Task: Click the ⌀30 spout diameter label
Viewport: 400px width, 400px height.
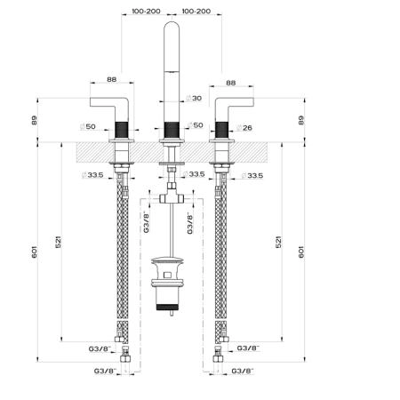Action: (x=194, y=98)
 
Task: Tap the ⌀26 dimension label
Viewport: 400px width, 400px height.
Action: (x=244, y=128)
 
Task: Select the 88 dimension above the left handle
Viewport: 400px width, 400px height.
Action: (x=112, y=79)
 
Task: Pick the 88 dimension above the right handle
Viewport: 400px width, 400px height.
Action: (x=231, y=83)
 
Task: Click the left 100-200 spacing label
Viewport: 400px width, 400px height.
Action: (x=146, y=12)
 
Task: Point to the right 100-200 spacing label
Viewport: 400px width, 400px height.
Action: (x=196, y=12)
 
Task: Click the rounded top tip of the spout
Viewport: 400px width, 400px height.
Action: (x=172, y=22)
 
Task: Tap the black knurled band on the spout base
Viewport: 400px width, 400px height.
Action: (x=172, y=130)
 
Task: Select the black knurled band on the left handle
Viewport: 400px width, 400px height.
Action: (x=122, y=130)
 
